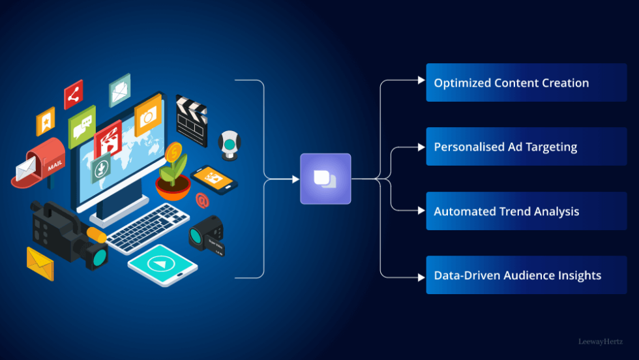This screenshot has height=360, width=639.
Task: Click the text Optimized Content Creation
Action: (x=511, y=83)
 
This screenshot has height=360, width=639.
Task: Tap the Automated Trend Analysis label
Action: (x=506, y=211)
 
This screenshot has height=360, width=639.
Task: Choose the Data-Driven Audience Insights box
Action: (x=517, y=275)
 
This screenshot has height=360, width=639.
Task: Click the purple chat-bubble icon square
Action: (x=325, y=179)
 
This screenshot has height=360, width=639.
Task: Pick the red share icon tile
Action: (x=73, y=95)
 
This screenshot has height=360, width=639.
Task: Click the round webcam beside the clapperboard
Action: (x=229, y=145)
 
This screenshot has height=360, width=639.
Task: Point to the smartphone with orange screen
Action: (x=214, y=179)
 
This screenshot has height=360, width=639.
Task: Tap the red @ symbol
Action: (x=202, y=200)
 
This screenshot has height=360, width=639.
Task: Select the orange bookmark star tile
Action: (x=45, y=121)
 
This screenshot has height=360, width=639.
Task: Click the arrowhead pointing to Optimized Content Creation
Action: (x=421, y=80)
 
